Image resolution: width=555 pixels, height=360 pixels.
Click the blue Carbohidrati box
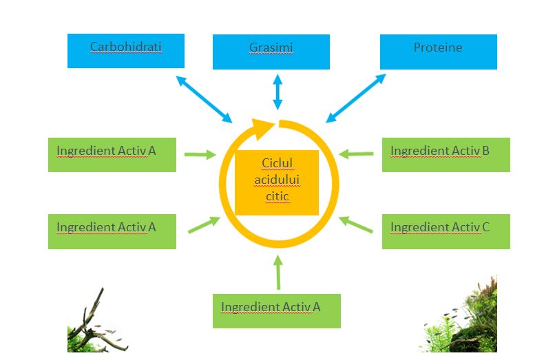(x=125, y=51)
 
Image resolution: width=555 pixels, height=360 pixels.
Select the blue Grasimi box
(x=271, y=52)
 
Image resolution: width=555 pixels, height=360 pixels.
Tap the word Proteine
(x=438, y=47)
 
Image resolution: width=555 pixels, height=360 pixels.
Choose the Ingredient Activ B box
(x=446, y=155)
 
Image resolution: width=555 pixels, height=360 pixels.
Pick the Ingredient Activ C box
(x=446, y=231)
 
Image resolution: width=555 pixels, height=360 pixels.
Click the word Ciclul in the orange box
(x=277, y=163)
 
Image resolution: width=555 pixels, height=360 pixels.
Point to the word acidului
(x=277, y=180)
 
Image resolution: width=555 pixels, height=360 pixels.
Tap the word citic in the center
(x=277, y=195)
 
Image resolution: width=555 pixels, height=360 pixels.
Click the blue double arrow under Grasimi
(x=278, y=92)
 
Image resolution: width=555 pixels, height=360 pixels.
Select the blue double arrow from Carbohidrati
(x=204, y=100)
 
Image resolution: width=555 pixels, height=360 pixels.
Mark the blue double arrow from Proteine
(x=356, y=98)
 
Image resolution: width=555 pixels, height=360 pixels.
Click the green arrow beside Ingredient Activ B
(x=356, y=154)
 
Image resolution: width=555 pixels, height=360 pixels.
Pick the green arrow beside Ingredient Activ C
(x=356, y=224)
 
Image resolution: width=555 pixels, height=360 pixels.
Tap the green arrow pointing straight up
(x=278, y=272)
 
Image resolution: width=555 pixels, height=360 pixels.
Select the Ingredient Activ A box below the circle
(x=276, y=311)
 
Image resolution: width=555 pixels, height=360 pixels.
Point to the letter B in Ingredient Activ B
(x=485, y=151)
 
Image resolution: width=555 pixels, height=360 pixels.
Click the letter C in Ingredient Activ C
(x=485, y=227)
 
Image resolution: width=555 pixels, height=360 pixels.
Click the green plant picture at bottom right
(x=459, y=315)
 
